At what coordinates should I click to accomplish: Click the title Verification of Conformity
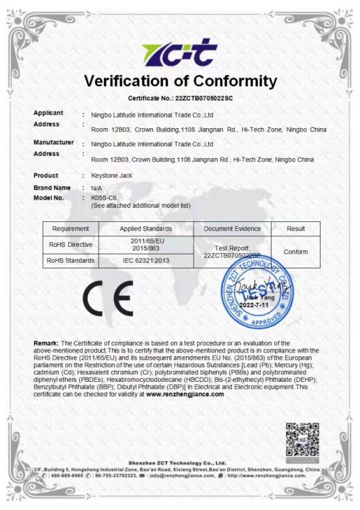click(180, 82)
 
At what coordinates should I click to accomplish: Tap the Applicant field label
click(48, 113)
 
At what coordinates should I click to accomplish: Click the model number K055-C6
click(104, 198)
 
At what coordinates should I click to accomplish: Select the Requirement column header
click(70, 228)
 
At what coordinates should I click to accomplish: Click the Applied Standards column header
click(146, 228)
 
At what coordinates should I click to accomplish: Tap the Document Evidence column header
click(232, 228)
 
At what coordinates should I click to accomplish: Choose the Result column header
click(296, 228)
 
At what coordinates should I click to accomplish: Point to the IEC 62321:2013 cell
click(146, 261)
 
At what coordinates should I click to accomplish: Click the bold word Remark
click(47, 344)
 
